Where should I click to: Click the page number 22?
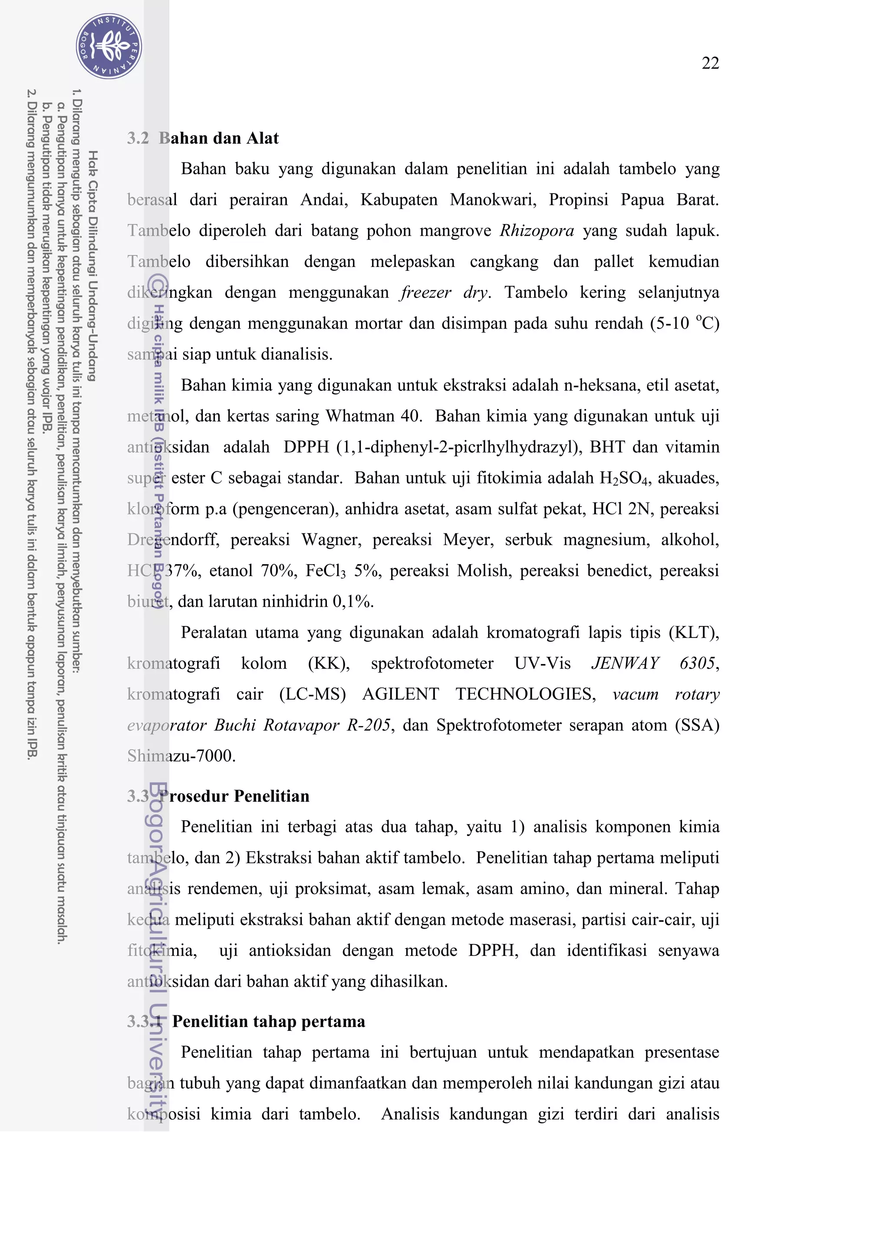[x=710, y=63]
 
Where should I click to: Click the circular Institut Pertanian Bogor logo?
[x=109, y=46]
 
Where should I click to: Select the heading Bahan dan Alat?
[x=218, y=138]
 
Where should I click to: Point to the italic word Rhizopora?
[x=537, y=230]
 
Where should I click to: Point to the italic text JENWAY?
[x=625, y=664]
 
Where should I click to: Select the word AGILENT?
[x=400, y=694]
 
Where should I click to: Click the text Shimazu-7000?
[x=181, y=756]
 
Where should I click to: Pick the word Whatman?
[x=361, y=416]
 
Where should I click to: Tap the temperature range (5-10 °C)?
[x=684, y=323]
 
